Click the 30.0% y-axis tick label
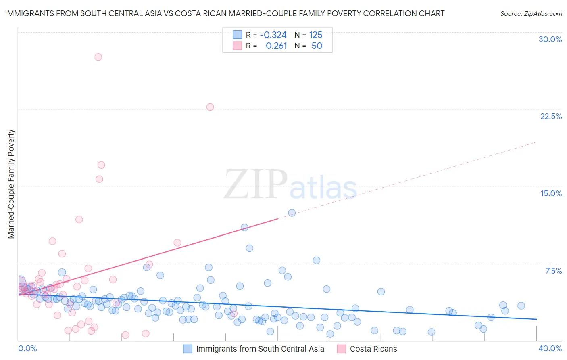(x=550, y=39)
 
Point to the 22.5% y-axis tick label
(x=551, y=116)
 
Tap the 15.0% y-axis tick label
(x=551, y=193)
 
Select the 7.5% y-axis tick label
(x=553, y=271)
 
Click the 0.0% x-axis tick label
(x=27, y=348)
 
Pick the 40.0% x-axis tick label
(x=550, y=348)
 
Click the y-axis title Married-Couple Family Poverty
(x=11, y=184)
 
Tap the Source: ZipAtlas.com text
(x=531, y=13)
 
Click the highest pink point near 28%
(x=98, y=57)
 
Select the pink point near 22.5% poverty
(x=210, y=107)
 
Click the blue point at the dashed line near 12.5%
(x=292, y=213)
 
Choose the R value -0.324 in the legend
(x=273, y=35)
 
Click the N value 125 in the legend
(x=315, y=35)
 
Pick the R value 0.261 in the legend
(x=276, y=46)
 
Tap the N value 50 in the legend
(x=317, y=46)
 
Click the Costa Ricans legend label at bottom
(x=373, y=349)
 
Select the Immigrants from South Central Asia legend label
(x=260, y=349)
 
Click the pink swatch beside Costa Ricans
(x=342, y=349)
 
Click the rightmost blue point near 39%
(x=521, y=306)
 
